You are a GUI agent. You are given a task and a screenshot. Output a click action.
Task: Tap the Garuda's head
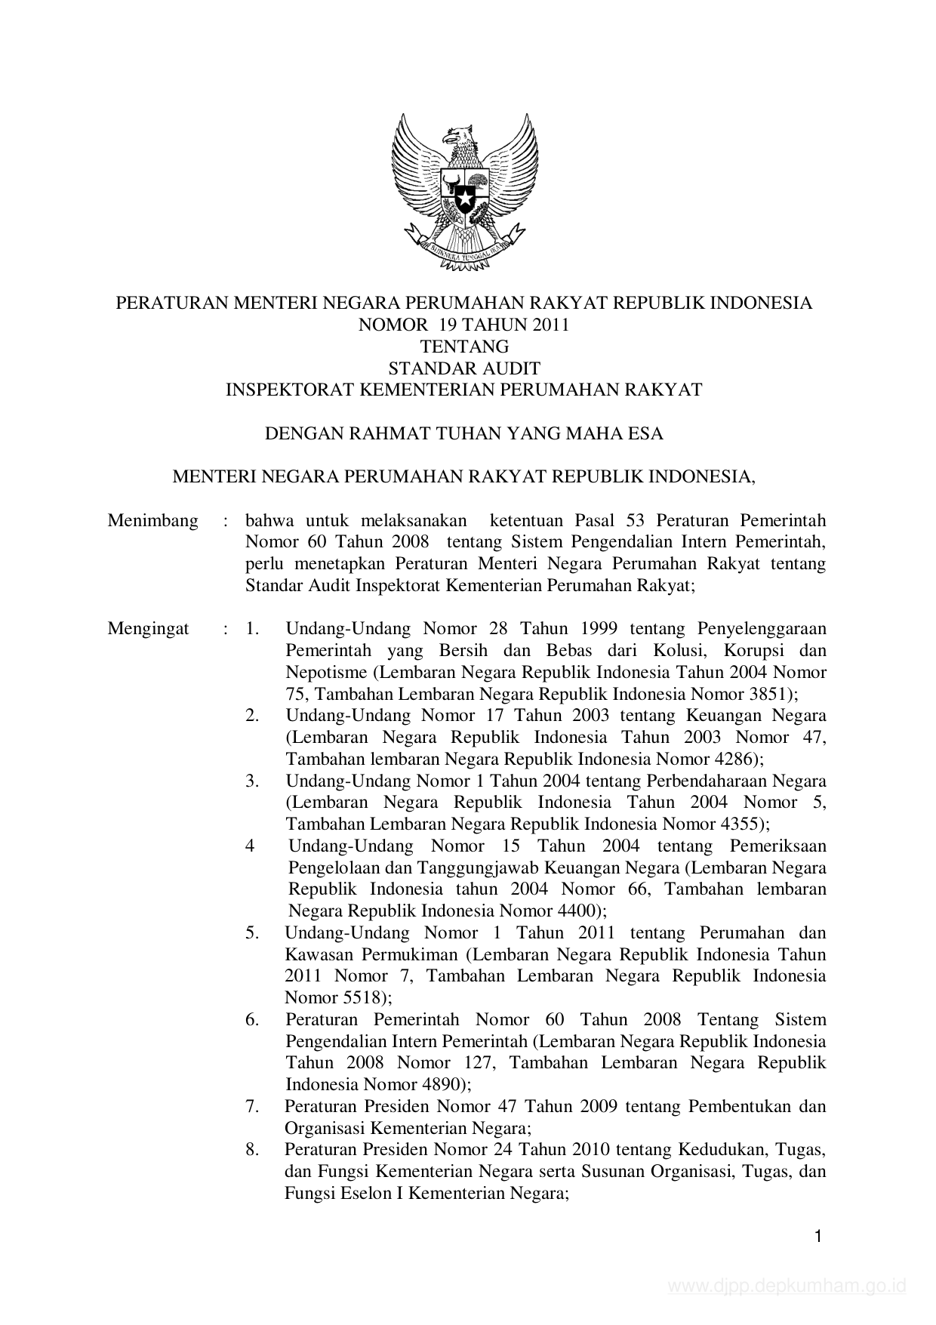pos(457,139)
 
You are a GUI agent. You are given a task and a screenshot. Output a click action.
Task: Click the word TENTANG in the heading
pos(464,347)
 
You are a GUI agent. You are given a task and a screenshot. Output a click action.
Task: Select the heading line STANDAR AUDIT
pos(464,368)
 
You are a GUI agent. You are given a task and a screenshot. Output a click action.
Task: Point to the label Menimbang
pos(152,521)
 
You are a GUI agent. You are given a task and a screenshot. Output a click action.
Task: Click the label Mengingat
pos(148,629)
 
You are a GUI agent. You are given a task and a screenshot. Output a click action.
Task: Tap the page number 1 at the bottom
pos(818,1236)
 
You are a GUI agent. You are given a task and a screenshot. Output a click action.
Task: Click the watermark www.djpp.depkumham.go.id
pos(786,1286)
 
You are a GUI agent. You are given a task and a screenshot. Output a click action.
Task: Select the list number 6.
pos(252,1020)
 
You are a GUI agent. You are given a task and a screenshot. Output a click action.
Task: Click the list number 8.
pos(252,1151)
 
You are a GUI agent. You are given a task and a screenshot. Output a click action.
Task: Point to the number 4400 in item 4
pos(578,911)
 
